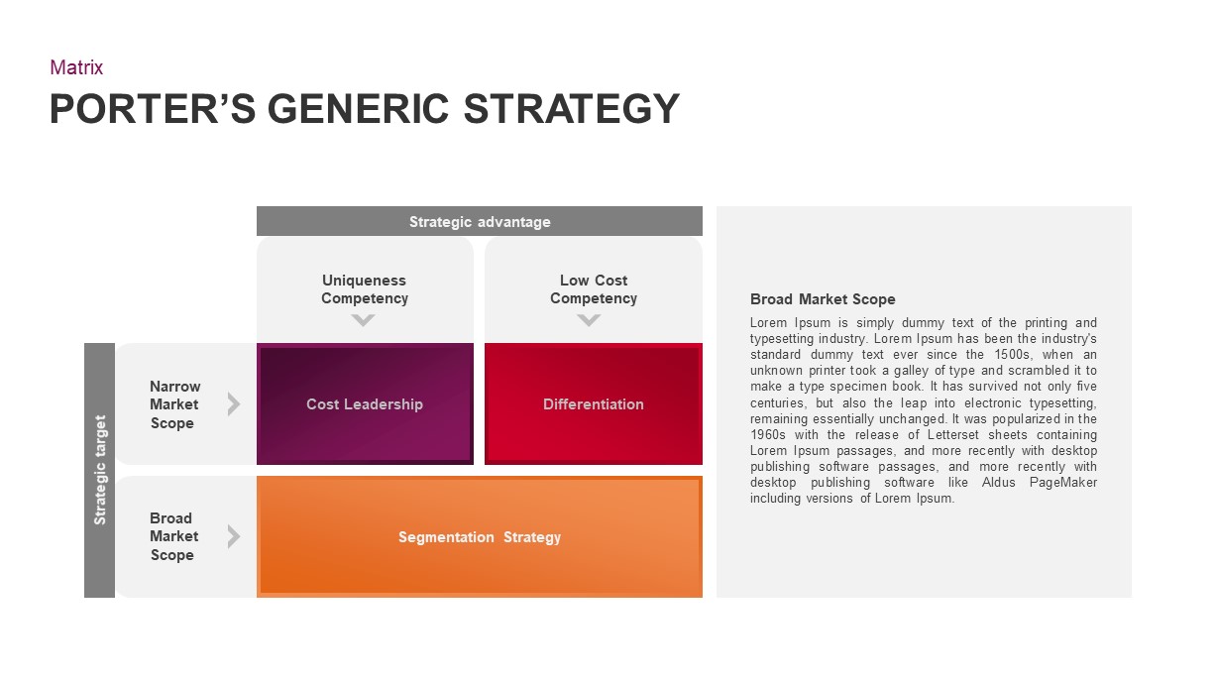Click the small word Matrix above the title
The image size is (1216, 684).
tap(76, 67)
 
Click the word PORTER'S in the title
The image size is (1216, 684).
tap(153, 109)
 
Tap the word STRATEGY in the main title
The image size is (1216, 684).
tap(571, 109)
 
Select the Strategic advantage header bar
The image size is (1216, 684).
tap(480, 221)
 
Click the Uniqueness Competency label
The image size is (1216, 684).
tap(365, 289)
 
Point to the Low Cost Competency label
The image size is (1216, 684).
tap(594, 289)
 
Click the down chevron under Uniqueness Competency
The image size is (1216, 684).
tap(363, 320)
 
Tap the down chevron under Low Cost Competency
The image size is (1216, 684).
tap(589, 320)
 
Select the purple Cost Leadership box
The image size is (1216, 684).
tap(365, 403)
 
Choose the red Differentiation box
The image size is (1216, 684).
tap(594, 403)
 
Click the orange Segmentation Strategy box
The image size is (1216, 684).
tap(480, 537)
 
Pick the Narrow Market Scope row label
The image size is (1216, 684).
tap(174, 404)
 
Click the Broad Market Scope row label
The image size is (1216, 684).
tap(173, 536)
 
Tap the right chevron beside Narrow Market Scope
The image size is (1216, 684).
tap(234, 403)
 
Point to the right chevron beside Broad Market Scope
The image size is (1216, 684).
tap(234, 536)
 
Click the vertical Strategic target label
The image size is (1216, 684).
tap(100, 470)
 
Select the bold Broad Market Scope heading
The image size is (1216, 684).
tap(823, 299)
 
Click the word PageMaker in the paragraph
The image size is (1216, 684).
tap(1063, 482)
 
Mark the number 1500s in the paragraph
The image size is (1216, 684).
tap(1012, 355)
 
